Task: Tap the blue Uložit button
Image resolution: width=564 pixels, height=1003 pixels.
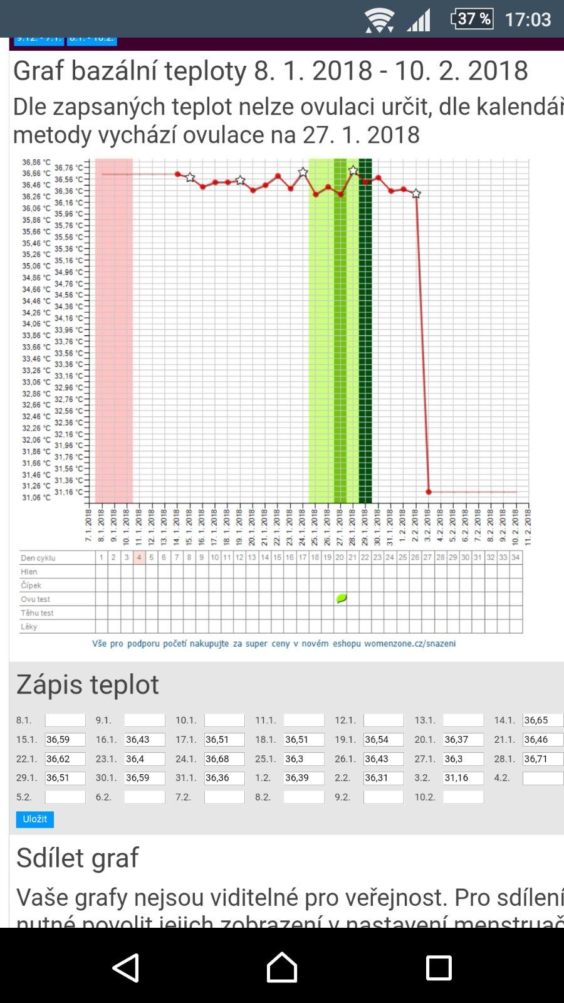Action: [35, 819]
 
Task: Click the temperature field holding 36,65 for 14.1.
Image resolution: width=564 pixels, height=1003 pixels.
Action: [543, 721]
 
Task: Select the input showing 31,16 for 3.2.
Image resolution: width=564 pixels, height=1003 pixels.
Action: [463, 778]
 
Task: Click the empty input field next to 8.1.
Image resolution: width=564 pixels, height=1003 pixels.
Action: [65, 721]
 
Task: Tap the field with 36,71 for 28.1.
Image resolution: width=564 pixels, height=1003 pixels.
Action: [543, 759]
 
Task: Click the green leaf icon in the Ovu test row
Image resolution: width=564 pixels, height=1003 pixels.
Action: [341, 599]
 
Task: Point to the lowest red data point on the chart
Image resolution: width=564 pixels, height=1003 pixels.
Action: [429, 492]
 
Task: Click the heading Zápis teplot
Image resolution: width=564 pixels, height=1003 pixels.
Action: [88, 684]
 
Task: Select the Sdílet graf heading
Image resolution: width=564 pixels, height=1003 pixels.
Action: [78, 858]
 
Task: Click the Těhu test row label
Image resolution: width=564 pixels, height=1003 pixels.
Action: [37, 613]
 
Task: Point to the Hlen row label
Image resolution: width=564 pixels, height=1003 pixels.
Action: [29, 572]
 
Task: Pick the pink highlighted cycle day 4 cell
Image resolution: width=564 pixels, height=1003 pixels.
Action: [139, 557]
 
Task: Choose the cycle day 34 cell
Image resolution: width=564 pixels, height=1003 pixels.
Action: [516, 557]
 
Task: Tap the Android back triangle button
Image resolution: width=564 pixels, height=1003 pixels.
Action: [126, 967]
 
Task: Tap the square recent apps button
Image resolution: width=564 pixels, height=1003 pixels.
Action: [439, 967]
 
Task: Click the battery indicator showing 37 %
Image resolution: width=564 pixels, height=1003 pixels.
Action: [472, 19]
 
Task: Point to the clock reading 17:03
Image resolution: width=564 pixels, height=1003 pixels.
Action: [528, 19]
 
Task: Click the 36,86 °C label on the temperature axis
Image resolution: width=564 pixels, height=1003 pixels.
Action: [36, 162]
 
